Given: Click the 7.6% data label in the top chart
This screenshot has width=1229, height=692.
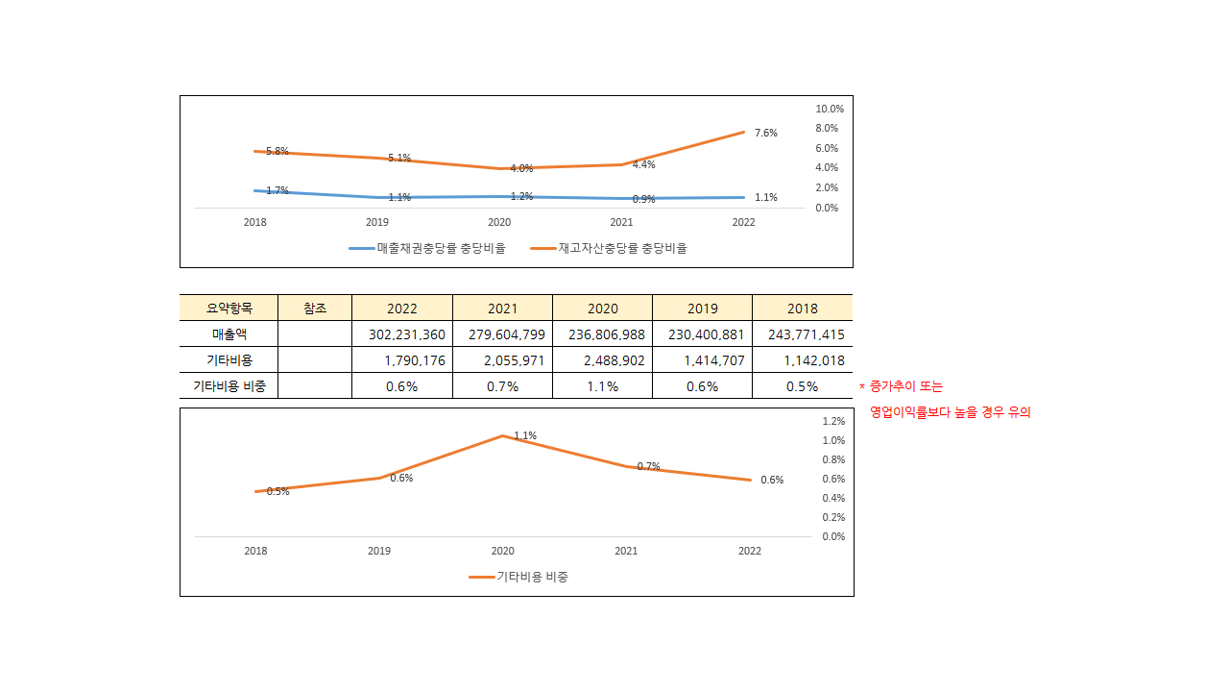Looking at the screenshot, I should [765, 133].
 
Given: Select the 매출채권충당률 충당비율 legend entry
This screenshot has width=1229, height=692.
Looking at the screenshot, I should [427, 248].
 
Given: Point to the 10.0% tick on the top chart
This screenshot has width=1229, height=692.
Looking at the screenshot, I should [828, 109].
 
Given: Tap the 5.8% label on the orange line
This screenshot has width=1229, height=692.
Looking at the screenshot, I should [277, 151].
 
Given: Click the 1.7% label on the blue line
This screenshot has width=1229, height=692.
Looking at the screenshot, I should [277, 190].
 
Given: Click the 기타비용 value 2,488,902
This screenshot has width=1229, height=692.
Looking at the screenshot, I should [602, 360].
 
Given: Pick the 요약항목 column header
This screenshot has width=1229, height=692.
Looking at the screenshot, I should [229, 309].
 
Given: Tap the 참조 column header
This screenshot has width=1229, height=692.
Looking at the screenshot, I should [315, 309].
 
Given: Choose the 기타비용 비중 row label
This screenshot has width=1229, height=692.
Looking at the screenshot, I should [229, 386].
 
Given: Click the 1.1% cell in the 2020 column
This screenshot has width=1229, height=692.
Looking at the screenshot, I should [602, 386].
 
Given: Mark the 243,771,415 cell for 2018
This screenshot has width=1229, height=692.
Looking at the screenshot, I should [802, 334].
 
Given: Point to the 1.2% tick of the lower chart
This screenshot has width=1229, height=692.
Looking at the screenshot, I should [833, 421].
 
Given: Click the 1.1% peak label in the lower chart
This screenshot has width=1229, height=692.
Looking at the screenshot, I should [525, 435].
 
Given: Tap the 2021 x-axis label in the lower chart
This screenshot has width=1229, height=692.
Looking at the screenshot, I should [626, 551].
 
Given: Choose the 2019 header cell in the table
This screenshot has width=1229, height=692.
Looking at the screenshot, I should [702, 309].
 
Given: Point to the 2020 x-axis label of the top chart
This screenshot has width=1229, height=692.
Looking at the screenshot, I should [499, 222].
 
